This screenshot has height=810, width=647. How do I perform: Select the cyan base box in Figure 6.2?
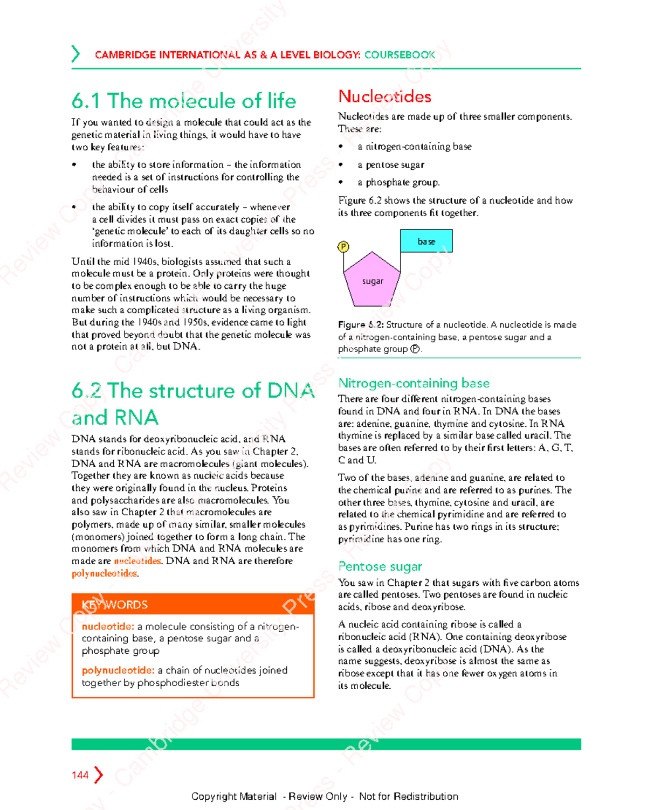[x=426, y=241]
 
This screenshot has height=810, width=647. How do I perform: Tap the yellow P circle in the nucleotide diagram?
[x=343, y=247]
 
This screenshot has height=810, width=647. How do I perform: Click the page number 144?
[x=80, y=775]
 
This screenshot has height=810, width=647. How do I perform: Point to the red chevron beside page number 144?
[x=98, y=775]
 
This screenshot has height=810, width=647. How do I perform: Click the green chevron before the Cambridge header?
[x=75, y=54]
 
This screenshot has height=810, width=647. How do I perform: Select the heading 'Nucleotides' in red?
[x=384, y=96]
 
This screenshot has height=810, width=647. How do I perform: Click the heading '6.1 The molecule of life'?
[x=184, y=101]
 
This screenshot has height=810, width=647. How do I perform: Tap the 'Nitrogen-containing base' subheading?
[x=414, y=383]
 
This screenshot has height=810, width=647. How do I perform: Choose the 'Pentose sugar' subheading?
[x=380, y=566]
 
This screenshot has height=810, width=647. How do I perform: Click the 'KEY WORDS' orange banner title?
[x=114, y=605]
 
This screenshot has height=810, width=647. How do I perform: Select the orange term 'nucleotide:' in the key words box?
[x=108, y=626]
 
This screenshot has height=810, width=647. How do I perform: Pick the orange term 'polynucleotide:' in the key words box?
[x=118, y=670]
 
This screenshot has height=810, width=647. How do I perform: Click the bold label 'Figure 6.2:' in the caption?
[x=361, y=324]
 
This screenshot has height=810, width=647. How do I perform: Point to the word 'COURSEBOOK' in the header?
[x=400, y=55]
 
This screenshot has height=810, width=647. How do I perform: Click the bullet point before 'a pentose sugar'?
[x=341, y=165]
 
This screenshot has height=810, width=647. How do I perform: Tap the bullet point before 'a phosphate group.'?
[x=341, y=183]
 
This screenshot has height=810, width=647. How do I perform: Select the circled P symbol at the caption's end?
[x=415, y=349]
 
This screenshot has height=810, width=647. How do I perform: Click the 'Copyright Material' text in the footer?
[x=233, y=796]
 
